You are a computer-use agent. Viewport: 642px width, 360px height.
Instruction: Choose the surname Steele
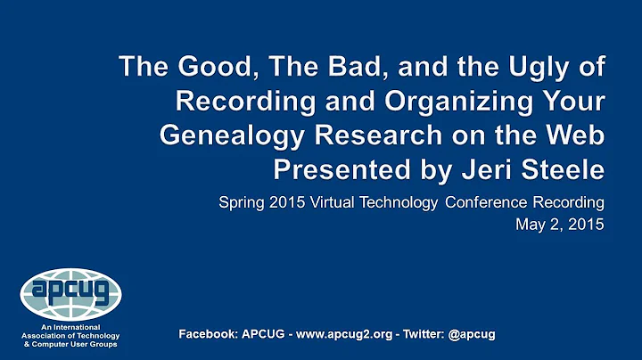pos(565,168)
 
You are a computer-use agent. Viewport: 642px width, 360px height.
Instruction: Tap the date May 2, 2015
pos(560,225)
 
